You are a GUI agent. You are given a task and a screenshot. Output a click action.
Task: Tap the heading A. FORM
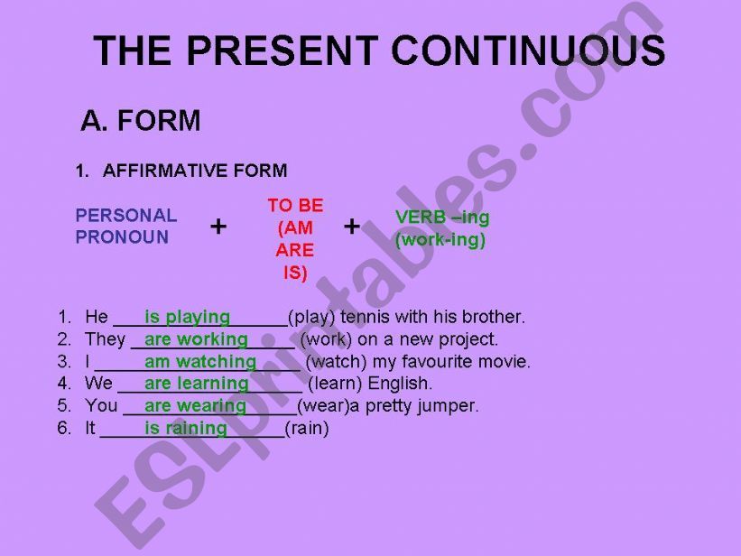click(141, 121)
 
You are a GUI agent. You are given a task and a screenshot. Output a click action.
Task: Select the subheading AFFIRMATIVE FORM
click(195, 171)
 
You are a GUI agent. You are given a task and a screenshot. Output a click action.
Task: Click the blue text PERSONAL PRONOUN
click(126, 227)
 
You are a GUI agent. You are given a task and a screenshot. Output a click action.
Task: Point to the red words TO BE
click(295, 206)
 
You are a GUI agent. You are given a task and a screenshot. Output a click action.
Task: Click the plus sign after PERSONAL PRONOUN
click(218, 227)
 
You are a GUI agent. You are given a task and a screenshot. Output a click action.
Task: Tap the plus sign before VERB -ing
click(352, 227)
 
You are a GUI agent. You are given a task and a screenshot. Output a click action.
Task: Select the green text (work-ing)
click(440, 240)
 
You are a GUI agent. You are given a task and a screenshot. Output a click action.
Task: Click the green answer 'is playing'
click(187, 317)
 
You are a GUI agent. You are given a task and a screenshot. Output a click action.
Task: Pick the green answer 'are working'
click(196, 339)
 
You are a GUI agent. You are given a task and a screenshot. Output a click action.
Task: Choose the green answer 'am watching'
click(200, 362)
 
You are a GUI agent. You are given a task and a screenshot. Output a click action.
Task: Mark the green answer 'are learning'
click(196, 384)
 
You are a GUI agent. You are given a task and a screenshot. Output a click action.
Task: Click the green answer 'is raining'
click(186, 429)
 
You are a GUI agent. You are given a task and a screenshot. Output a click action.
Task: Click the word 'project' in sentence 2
click(468, 339)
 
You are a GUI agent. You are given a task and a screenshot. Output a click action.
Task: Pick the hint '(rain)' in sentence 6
click(307, 429)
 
